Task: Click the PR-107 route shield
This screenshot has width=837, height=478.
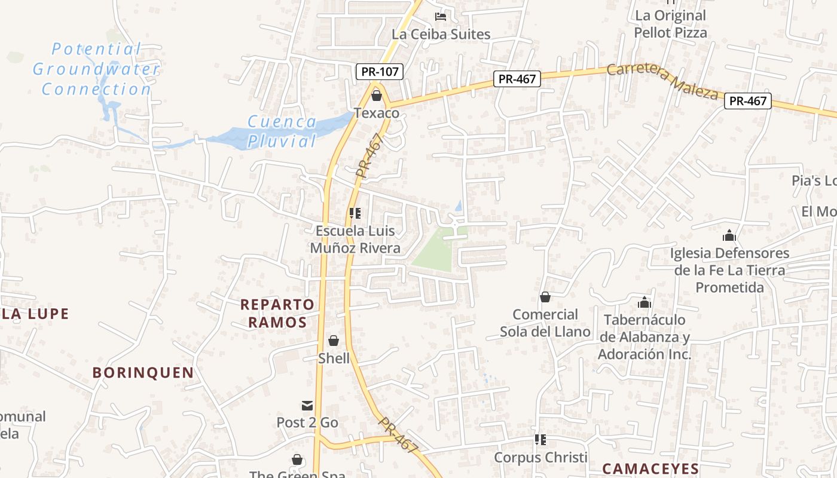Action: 380,72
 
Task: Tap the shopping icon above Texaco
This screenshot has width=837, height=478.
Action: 377,95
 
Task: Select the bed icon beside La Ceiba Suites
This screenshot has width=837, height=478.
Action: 441,16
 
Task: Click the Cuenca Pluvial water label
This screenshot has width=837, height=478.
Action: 282,131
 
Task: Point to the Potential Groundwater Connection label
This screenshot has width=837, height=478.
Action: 96,69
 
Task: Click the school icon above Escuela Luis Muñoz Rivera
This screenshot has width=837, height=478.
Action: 355,213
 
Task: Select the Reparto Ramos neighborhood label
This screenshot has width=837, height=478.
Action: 277,313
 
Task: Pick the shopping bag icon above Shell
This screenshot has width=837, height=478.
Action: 334,341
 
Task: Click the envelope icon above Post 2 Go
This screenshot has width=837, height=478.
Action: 307,406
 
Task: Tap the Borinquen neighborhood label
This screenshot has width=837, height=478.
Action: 143,373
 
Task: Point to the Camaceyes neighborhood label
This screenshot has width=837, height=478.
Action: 650,468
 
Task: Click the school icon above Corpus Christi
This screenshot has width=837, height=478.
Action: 540,440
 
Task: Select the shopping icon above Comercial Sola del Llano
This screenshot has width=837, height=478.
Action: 545,297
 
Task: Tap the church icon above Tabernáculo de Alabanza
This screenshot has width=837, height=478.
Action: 644,302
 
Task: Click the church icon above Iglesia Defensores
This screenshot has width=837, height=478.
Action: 729,235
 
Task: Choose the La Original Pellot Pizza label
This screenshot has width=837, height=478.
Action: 670,24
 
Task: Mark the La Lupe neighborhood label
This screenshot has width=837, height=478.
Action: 36,314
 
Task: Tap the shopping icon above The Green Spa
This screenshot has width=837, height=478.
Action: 297,459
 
